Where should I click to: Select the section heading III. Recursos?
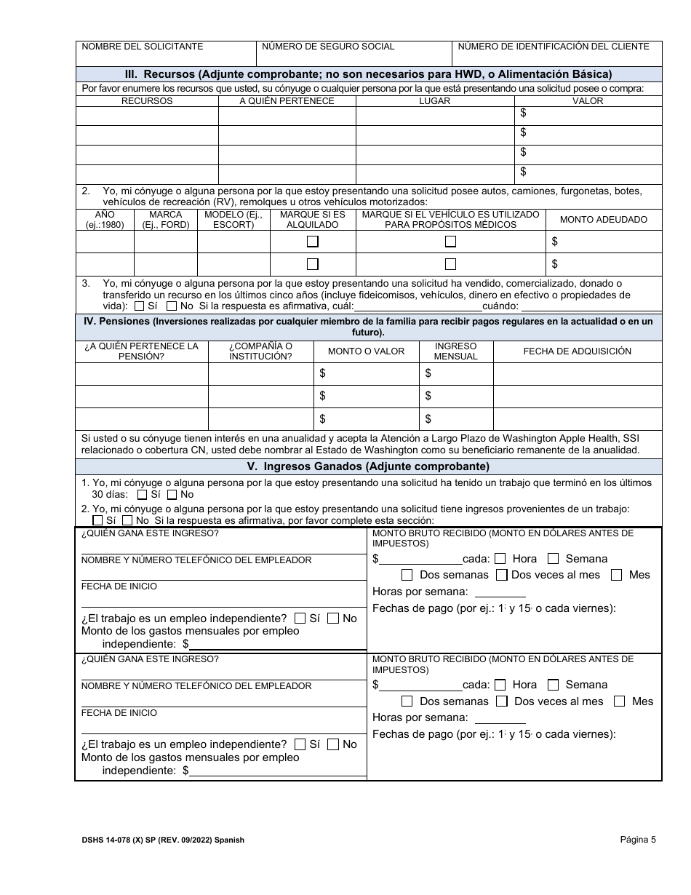[368, 73]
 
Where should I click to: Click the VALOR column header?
[588, 101]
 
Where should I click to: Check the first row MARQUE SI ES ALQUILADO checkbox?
[313, 242]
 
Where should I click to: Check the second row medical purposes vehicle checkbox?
[451, 264]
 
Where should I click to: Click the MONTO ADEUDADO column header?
[603, 220]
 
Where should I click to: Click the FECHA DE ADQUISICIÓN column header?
[577, 351]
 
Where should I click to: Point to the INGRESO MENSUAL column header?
[455, 351]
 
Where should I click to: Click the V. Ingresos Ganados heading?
[368, 466]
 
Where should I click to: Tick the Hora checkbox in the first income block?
[500, 559]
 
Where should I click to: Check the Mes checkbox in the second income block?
[620, 701]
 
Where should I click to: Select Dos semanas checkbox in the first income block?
[407, 575]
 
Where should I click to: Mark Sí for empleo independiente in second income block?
[300, 744]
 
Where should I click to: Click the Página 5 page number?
[638, 839]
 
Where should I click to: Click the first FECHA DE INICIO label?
[119, 586]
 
